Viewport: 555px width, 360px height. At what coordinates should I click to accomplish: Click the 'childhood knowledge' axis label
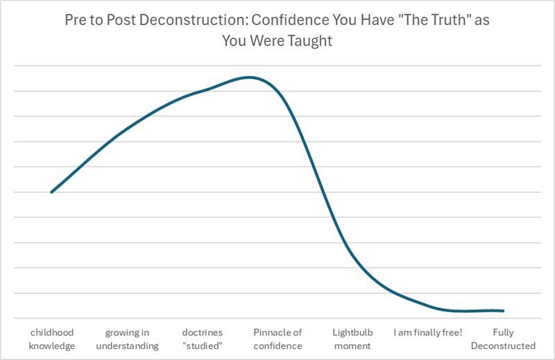(51, 338)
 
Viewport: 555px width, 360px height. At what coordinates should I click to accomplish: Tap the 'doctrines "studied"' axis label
(202, 338)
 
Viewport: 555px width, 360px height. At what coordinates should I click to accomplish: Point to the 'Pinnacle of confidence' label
(277, 338)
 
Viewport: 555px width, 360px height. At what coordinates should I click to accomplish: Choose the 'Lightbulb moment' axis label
(352, 338)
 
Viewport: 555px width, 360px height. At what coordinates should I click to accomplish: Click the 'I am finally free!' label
(428, 332)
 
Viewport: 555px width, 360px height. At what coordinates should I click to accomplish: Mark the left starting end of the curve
(51, 192)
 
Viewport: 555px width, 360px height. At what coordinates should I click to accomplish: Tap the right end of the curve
(503, 311)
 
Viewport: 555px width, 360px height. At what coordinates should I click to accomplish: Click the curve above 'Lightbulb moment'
(352, 257)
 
